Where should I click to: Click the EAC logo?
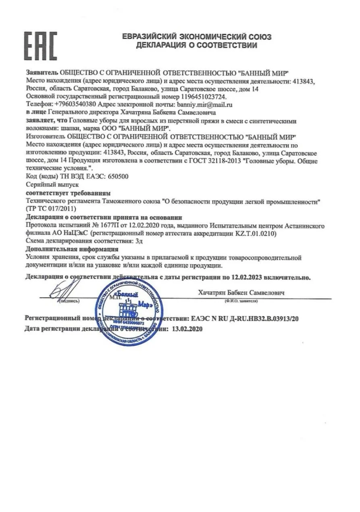[41, 46]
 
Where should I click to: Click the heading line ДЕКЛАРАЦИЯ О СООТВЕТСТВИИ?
[196, 46]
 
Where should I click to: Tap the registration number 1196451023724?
[204, 97]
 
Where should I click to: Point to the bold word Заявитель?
[42, 73]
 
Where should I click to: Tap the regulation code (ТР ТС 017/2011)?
[50, 209]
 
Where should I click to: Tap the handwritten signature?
[67, 289]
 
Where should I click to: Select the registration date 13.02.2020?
[187, 328]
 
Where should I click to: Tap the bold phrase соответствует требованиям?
[68, 193]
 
